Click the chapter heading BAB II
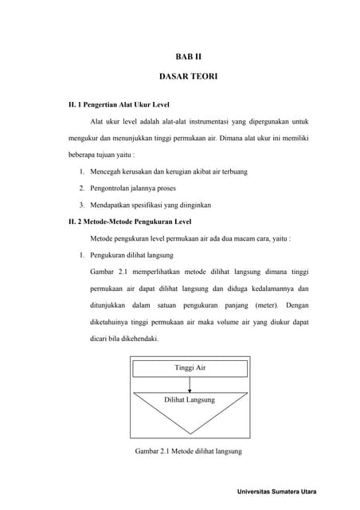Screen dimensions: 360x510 [189, 57]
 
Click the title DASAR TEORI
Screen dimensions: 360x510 [189, 80]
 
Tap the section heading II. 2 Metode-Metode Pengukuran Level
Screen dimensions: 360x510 [129, 222]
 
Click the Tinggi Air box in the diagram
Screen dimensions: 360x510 [190, 368]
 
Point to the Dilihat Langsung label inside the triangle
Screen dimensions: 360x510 [190, 400]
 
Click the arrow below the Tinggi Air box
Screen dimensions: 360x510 [190, 385]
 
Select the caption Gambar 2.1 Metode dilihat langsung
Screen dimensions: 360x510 [189, 452]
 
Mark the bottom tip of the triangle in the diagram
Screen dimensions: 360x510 [190, 433]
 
